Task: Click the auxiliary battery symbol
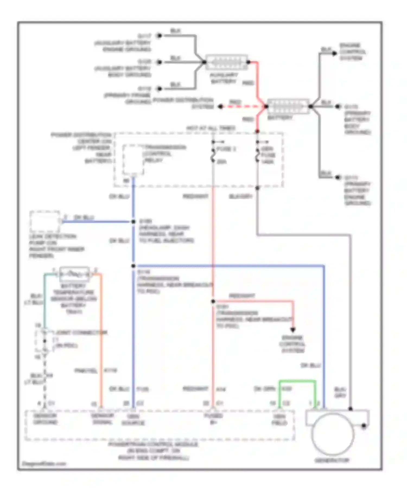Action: [x=227, y=62]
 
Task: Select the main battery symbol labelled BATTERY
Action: [x=288, y=106]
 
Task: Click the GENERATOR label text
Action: [x=332, y=460]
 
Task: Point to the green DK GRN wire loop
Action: [x=297, y=382]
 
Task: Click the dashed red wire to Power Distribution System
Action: [x=243, y=107]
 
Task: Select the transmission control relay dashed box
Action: [x=133, y=160]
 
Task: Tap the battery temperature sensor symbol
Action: [x=74, y=274]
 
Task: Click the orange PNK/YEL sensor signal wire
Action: [x=101, y=339]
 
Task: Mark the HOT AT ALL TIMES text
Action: [x=211, y=128]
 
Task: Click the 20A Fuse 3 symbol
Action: [x=213, y=155]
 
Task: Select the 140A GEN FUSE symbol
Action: [x=257, y=155]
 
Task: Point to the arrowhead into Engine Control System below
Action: [x=293, y=330]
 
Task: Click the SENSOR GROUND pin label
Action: [x=45, y=419]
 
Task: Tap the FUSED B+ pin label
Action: [x=213, y=419]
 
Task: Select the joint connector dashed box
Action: [x=44, y=341]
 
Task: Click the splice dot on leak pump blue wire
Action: [x=133, y=222]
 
